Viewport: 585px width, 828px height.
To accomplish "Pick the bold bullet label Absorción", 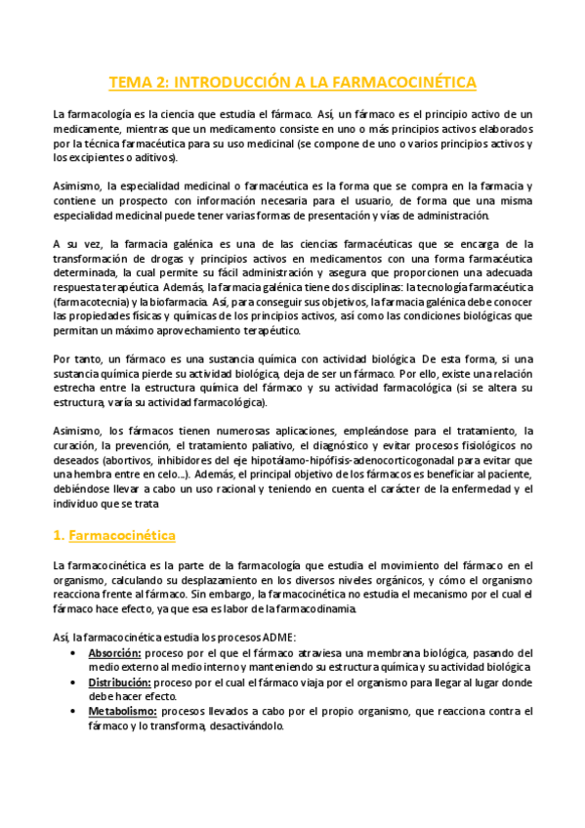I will pos(115,653).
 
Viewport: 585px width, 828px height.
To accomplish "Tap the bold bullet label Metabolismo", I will pos(122,712).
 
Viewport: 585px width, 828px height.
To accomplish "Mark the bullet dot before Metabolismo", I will pos(76,712).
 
